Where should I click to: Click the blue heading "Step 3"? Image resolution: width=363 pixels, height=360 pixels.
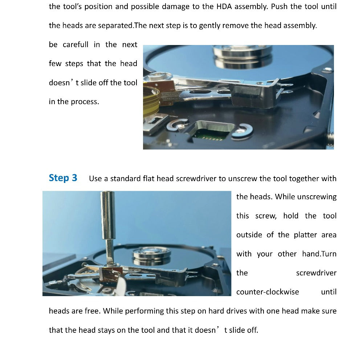click(63, 178)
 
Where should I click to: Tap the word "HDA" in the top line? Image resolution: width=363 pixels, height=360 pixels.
click(224, 7)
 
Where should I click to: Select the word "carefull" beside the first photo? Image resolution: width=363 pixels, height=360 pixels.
click(76, 44)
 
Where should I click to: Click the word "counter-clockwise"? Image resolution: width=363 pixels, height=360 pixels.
click(268, 292)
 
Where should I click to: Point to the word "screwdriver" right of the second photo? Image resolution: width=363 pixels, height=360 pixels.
click(316, 273)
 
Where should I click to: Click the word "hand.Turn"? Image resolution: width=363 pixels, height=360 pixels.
click(319, 254)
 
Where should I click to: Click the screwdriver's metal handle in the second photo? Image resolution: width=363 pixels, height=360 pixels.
click(108, 215)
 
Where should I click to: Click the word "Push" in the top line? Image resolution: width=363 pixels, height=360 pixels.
click(280, 7)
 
